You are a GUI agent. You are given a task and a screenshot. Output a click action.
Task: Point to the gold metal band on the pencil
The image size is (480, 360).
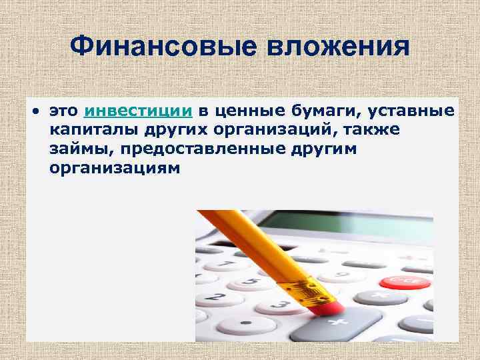[x=297, y=288]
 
